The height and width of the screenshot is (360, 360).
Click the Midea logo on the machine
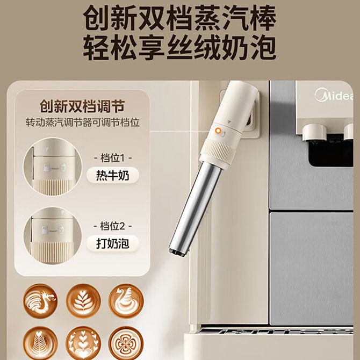click(334, 95)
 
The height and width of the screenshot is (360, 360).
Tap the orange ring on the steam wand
click(218, 131)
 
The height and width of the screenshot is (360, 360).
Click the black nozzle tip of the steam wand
click(179, 252)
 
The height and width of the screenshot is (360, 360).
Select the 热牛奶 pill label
click(112, 175)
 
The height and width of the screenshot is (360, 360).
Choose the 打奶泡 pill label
click(112, 243)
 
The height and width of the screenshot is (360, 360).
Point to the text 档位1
click(112, 158)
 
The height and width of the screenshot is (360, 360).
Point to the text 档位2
click(112, 226)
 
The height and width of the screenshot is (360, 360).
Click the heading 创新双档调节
click(82, 106)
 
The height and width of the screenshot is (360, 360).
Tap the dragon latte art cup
click(40, 301)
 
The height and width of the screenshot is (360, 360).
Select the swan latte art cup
click(126, 301)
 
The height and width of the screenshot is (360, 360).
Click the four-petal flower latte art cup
click(126, 343)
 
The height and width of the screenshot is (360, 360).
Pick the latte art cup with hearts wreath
click(83, 343)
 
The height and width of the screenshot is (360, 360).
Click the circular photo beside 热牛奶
click(52, 167)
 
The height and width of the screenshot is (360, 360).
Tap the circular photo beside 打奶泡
click(52, 236)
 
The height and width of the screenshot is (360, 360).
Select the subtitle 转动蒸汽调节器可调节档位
click(82, 123)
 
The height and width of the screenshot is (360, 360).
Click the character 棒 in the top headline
click(263, 18)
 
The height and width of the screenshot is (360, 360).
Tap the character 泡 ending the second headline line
click(263, 47)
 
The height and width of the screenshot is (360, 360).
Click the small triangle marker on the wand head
click(228, 122)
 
